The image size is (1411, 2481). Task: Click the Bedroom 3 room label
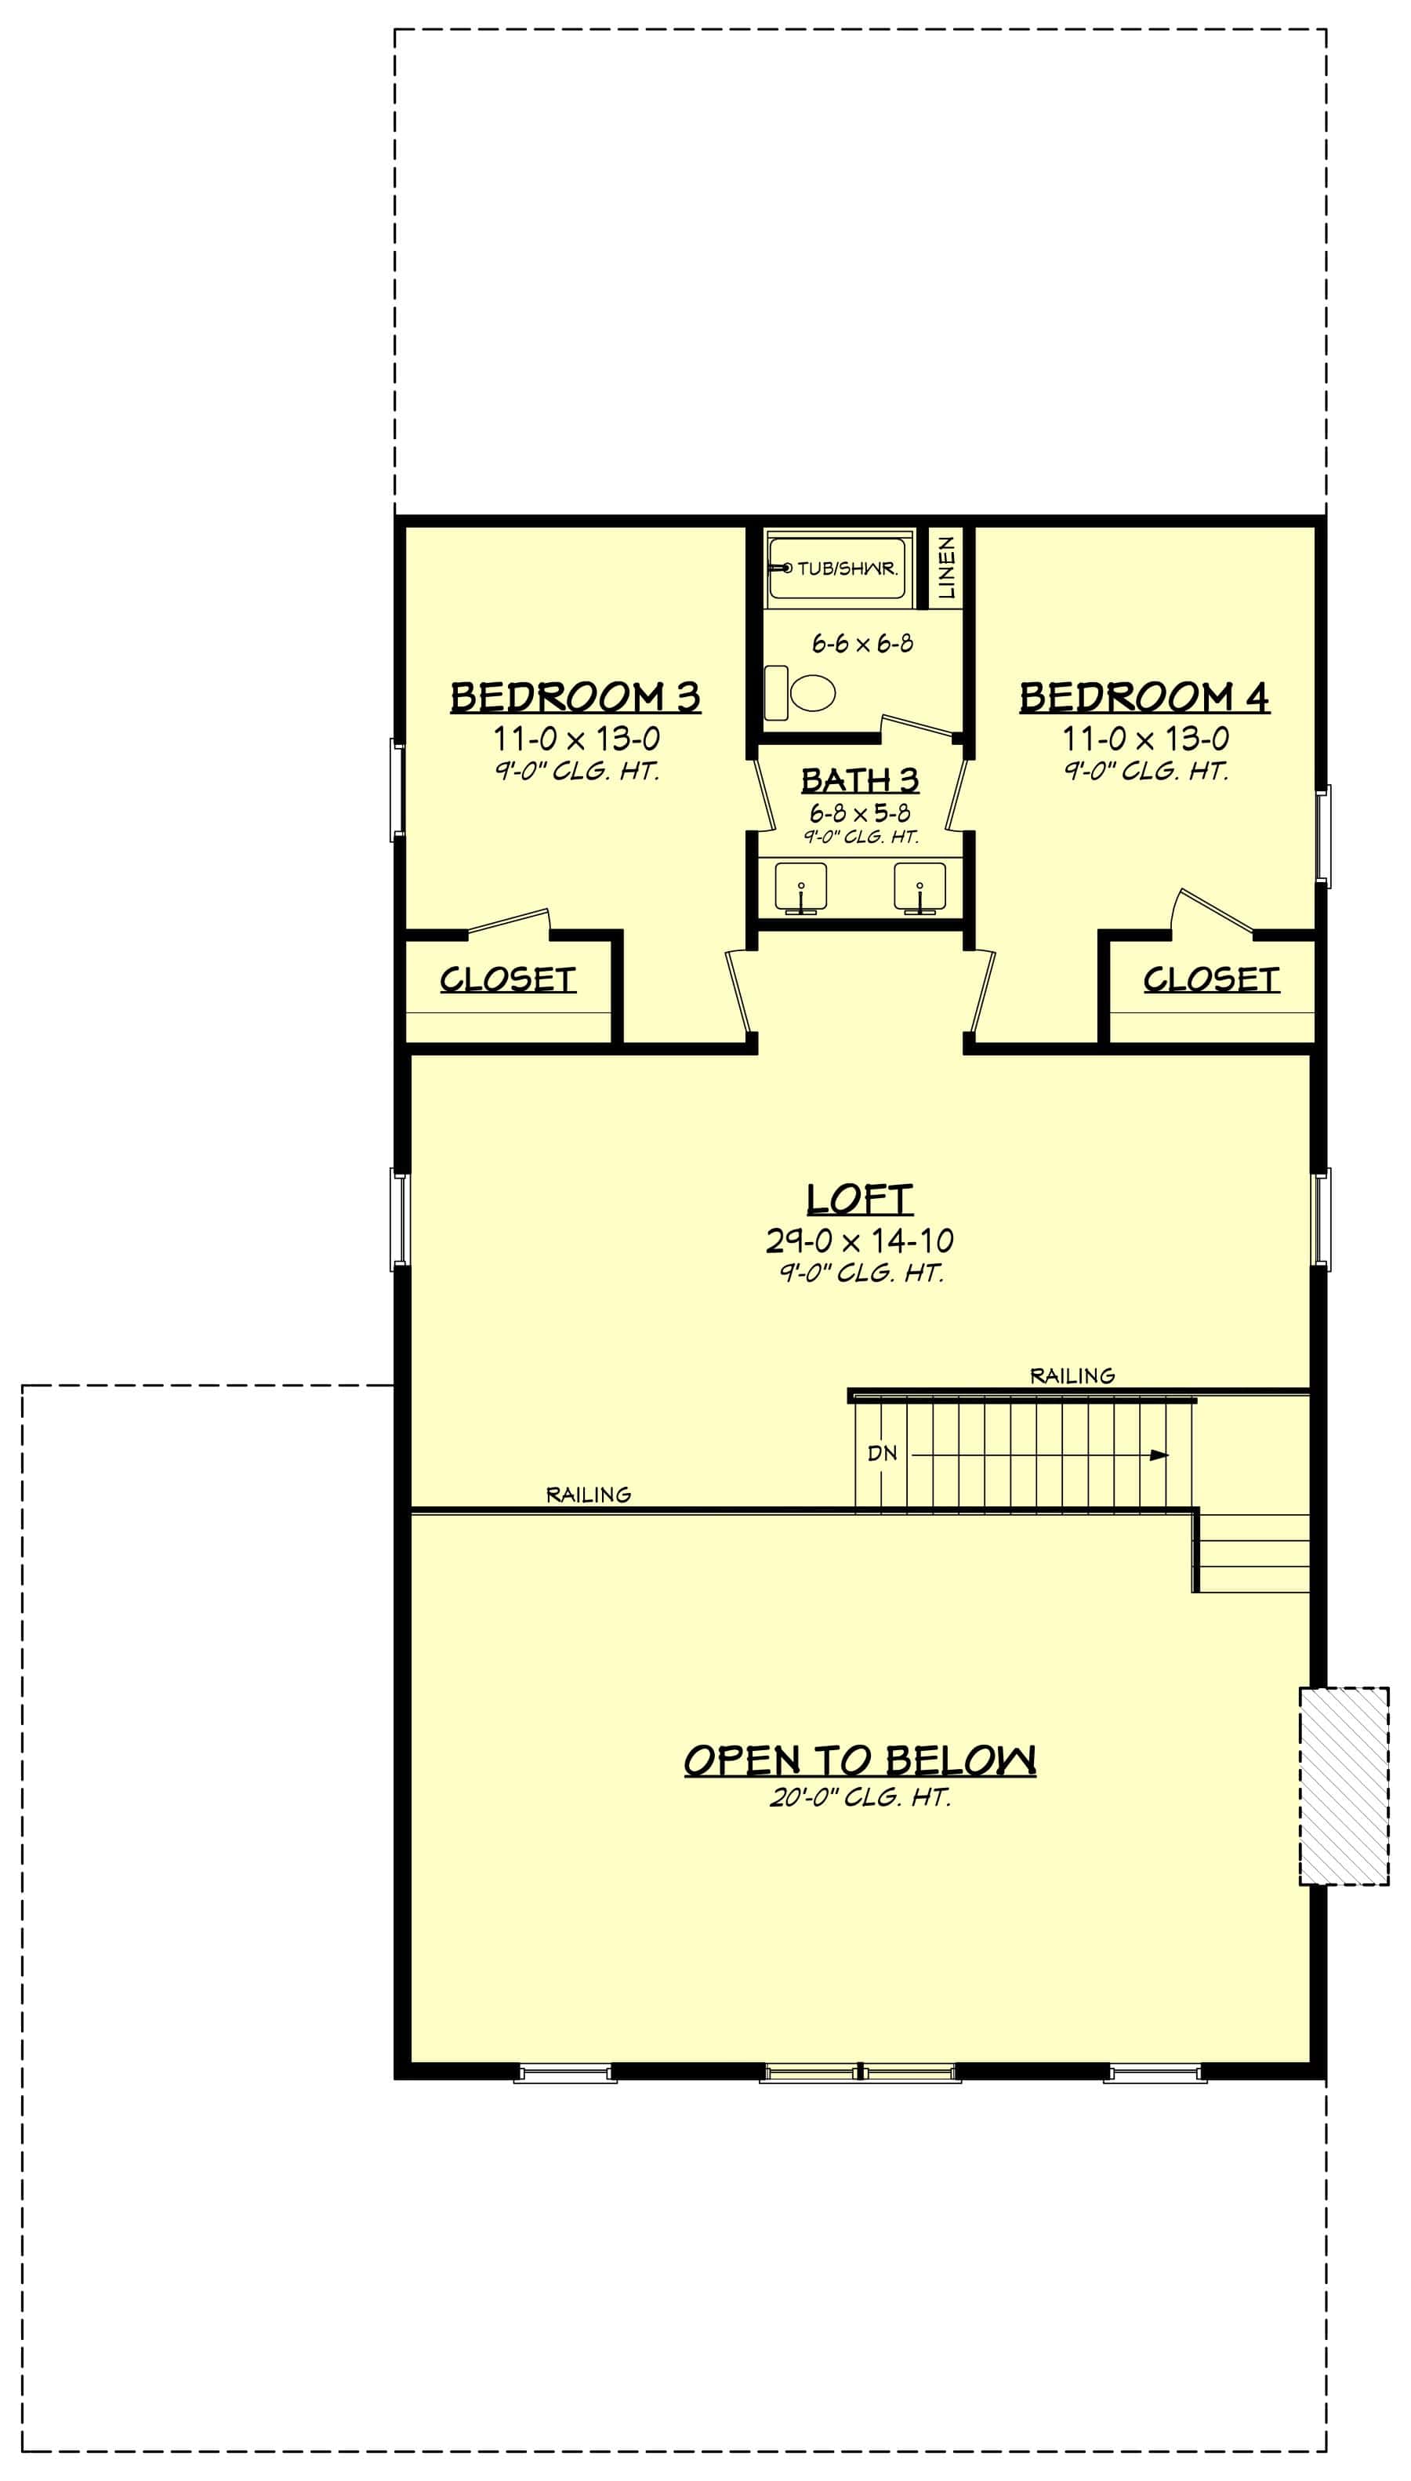575,698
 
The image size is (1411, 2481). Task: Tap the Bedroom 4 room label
1144,698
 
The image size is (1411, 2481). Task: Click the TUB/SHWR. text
847,568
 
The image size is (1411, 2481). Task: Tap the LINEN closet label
947,567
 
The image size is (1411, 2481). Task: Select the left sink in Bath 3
800,887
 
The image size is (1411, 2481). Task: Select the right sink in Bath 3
920,887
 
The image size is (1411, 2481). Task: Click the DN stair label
882,1454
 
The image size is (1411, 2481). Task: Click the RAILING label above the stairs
1072,1375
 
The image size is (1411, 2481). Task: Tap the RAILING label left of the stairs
588,1495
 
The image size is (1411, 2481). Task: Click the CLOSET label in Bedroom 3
508,980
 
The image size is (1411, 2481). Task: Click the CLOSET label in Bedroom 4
1211,980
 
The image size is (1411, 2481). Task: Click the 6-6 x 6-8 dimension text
861,644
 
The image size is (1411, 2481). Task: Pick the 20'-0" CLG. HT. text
860,1798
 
